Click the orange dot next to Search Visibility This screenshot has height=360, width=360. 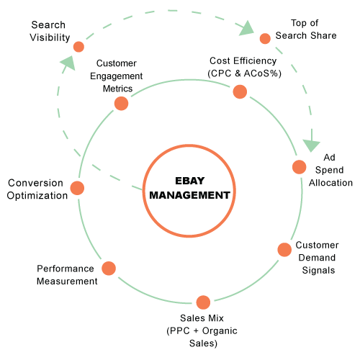78,47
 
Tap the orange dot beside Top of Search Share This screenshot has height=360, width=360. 265,38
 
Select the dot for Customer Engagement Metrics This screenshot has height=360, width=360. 121,104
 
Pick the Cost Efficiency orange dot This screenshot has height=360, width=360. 240,91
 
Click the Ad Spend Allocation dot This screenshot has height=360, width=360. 299,167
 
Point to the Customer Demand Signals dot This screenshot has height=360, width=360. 284,250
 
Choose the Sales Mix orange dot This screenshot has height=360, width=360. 203,302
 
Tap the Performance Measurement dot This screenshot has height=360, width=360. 109,269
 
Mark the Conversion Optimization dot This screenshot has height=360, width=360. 77,188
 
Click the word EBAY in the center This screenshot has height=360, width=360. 189,181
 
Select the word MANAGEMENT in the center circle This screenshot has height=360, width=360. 189,195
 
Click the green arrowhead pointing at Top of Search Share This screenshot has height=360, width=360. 246,28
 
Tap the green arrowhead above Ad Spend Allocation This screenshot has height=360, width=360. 311,145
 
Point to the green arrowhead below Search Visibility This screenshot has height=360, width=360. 68,63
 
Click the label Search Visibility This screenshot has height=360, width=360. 50,31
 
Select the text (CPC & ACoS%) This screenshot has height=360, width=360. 244,73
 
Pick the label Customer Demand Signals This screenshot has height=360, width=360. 318,258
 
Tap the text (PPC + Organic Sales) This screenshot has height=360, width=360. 202,337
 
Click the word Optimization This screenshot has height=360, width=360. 37,196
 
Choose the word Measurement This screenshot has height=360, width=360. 67,281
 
